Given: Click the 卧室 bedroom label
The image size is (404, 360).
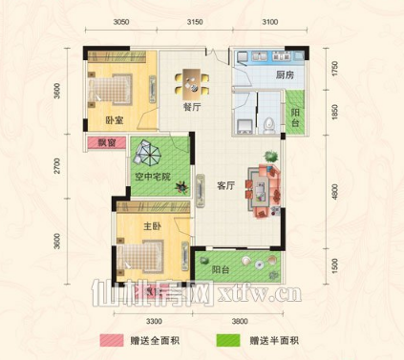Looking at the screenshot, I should point(116,120).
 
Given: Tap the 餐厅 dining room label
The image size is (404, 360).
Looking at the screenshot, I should point(179,108).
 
